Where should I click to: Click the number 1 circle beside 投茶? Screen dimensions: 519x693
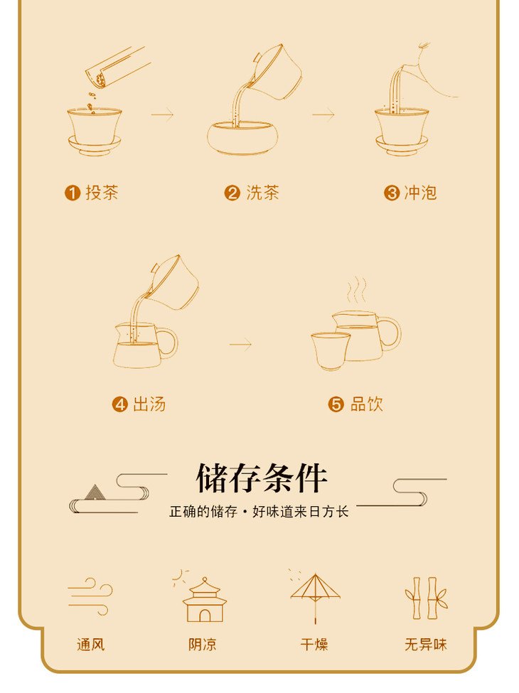pyautogui.click(x=73, y=193)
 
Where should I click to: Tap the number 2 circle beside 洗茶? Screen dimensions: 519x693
pyautogui.click(x=232, y=193)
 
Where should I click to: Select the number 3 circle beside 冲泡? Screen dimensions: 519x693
pyautogui.click(x=392, y=193)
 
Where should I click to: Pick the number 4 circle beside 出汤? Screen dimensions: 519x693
pyautogui.click(x=120, y=404)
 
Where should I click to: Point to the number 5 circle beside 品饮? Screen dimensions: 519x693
pyautogui.click(x=336, y=404)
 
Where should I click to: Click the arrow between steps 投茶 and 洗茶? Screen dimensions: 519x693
pyautogui.click(x=162, y=115)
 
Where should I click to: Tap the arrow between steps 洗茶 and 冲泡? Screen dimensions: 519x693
pyautogui.click(x=323, y=115)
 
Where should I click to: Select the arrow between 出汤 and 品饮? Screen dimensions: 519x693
pyautogui.click(x=240, y=344)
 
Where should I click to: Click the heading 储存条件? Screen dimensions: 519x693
pyautogui.click(x=261, y=478)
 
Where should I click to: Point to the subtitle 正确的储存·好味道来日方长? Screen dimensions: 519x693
pyautogui.click(x=259, y=511)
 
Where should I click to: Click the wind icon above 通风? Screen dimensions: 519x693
pyautogui.click(x=90, y=596)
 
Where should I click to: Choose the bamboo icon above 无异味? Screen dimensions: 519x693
pyautogui.click(x=426, y=598)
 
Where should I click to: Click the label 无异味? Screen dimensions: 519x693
pyautogui.click(x=426, y=645)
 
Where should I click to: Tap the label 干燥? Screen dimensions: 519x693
pyautogui.click(x=314, y=645)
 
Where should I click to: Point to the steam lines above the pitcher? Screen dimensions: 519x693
pyautogui.click(x=356, y=290)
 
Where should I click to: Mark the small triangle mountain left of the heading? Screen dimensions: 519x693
pyautogui.click(x=95, y=493)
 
